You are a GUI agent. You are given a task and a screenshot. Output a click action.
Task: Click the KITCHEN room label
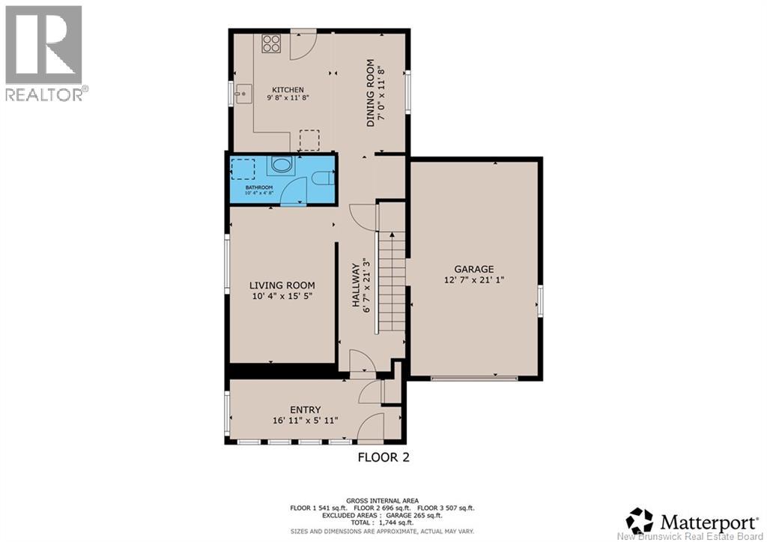(288, 90)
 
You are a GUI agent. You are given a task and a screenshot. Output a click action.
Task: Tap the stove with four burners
(271, 43)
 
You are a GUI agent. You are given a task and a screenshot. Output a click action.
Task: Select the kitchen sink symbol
(243, 93)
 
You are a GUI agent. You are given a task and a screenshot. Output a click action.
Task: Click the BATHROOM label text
(258, 187)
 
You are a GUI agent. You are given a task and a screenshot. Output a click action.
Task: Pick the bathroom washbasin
(281, 166)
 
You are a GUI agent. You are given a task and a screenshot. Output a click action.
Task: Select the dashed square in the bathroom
(243, 169)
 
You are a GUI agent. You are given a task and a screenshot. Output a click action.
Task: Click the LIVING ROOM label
(282, 286)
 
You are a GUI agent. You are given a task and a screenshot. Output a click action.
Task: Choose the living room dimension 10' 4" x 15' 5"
(282, 296)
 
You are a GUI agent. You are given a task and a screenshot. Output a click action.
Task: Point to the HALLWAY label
(356, 286)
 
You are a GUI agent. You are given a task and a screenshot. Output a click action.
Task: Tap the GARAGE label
(474, 269)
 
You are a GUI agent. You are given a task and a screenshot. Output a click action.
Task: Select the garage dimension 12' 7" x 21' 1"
(474, 280)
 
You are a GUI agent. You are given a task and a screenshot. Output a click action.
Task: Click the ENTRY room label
(306, 410)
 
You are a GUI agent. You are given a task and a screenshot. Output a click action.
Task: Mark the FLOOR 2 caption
(383, 457)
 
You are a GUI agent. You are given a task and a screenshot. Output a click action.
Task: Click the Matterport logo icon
(640, 520)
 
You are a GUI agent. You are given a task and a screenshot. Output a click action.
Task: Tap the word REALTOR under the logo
(44, 94)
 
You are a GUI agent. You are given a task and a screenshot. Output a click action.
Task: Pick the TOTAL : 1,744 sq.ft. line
(383, 523)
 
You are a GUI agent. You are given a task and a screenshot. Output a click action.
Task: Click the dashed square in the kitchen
(309, 140)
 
